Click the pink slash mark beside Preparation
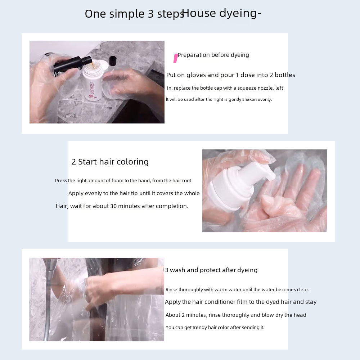pyautogui.click(x=176, y=58)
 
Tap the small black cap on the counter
pyautogui.click(x=112, y=61)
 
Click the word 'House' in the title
pyautogui.click(x=199, y=13)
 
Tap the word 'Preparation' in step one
pyautogui.click(x=194, y=55)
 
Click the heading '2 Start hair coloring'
pyautogui.click(x=110, y=162)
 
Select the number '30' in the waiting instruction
pyautogui.click(x=113, y=206)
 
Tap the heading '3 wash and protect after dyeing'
pyautogui.click(x=211, y=270)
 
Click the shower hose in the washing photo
pyautogui.click(x=48, y=305)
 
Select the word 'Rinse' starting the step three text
pyautogui.click(x=171, y=289)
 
